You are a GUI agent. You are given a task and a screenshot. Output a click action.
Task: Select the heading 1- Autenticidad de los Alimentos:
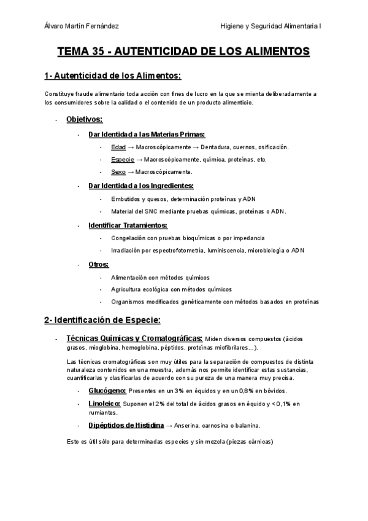click(113, 76)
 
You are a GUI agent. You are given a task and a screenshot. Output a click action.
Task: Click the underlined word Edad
click(118, 147)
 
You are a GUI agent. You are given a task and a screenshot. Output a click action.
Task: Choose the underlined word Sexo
click(118, 172)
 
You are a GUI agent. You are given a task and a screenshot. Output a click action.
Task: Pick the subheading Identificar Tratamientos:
click(123, 225)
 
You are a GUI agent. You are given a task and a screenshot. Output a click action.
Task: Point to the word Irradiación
click(129, 250)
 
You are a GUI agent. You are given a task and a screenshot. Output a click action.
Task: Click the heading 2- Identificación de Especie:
click(102, 320)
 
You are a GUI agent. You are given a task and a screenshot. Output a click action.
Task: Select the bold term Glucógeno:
click(107, 391)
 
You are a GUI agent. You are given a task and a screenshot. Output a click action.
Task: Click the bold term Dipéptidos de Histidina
click(126, 425)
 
